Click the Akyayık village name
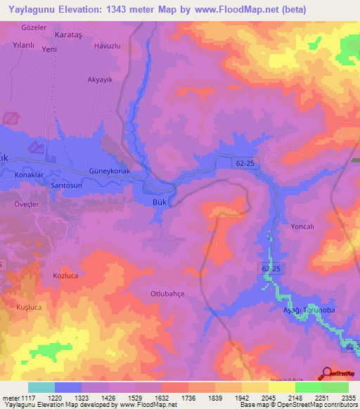point(99,80)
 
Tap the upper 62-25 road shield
point(245,162)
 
